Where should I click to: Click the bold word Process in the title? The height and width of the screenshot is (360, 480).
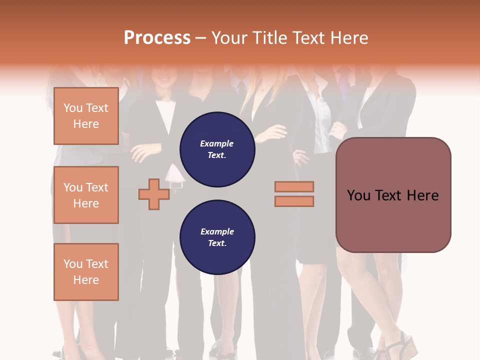(157, 38)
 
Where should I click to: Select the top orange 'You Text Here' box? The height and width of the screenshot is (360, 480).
(86, 116)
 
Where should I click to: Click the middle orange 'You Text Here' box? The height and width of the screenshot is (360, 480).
(86, 195)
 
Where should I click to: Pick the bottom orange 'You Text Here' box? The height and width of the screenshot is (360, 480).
(86, 272)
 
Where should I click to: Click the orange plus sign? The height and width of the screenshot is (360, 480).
(154, 194)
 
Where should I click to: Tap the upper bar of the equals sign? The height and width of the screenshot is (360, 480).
(294, 186)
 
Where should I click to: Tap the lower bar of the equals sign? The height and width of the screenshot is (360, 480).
(294, 201)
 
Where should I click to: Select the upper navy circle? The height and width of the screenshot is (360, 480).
(217, 149)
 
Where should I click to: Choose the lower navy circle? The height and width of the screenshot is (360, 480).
(217, 237)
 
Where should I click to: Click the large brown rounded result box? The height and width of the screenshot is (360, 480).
(393, 194)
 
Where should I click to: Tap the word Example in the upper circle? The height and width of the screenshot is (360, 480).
(217, 143)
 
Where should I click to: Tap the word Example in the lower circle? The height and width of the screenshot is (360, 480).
(217, 231)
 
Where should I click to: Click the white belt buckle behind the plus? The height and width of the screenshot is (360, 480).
(176, 184)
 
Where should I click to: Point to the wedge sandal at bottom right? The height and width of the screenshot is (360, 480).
(400, 347)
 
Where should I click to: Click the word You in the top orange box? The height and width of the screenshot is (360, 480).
(73, 108)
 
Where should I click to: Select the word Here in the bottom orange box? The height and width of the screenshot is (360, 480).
(86, 280)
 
